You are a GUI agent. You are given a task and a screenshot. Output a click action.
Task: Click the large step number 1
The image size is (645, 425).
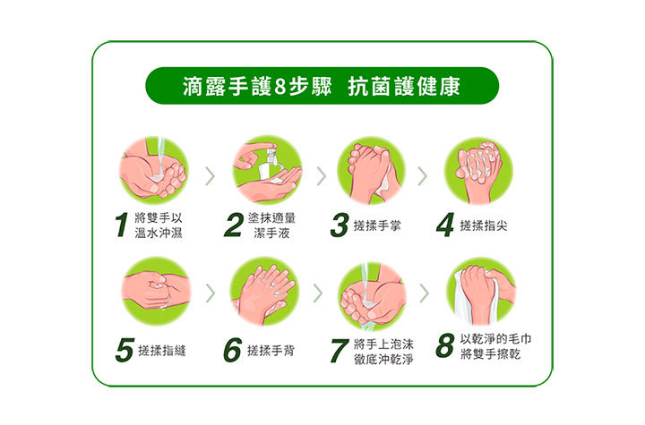click(x=122, y=225)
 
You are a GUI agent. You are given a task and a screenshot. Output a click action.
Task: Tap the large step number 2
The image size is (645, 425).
click(x=234, y=225)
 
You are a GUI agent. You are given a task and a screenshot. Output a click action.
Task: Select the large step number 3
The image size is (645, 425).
click(x=340, y=225)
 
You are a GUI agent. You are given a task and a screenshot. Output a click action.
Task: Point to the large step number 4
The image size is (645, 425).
click(x=445, y=225)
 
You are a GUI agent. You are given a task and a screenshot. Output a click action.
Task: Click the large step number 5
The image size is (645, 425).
click(x=125, y=350)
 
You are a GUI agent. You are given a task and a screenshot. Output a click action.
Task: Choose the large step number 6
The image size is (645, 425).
click(x=232, y=350)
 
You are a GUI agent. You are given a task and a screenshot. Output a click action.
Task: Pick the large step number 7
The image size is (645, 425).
click(x=340, y=351)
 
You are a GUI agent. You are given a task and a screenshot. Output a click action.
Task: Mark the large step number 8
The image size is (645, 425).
click(x=445, y=345)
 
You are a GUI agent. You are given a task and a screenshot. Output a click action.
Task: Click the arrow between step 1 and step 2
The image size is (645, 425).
click(x=211, y=176)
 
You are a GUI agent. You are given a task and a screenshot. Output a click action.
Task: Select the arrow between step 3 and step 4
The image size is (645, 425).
click(x=423, y=176)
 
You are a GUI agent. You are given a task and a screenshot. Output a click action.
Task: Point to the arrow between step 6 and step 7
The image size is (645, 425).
click(x=317, y=293)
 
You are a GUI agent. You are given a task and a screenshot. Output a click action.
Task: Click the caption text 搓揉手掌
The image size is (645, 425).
click(x=377, y=225)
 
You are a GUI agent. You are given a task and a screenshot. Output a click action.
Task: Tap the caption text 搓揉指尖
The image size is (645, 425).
click(x=484, y=225)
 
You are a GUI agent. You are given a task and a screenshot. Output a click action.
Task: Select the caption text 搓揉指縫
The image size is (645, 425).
click(x=162, y=351)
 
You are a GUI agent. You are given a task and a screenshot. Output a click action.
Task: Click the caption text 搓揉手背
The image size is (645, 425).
click(x=271, y=351)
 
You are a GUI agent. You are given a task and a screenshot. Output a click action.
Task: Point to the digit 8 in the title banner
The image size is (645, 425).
click(x=279, y=87)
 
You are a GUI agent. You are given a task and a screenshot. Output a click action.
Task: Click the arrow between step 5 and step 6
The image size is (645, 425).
click(x=211, y=293)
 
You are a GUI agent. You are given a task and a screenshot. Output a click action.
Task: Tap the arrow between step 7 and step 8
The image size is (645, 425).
click(x=425, y=293)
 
